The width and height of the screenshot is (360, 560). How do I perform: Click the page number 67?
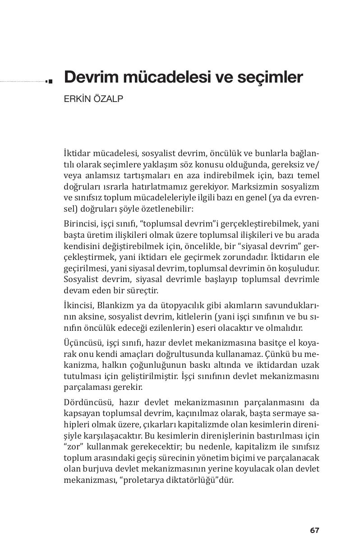coord(314,530)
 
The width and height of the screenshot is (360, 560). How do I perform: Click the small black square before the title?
coord(50,81)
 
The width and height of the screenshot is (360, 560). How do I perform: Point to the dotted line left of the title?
coord(23,82)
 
